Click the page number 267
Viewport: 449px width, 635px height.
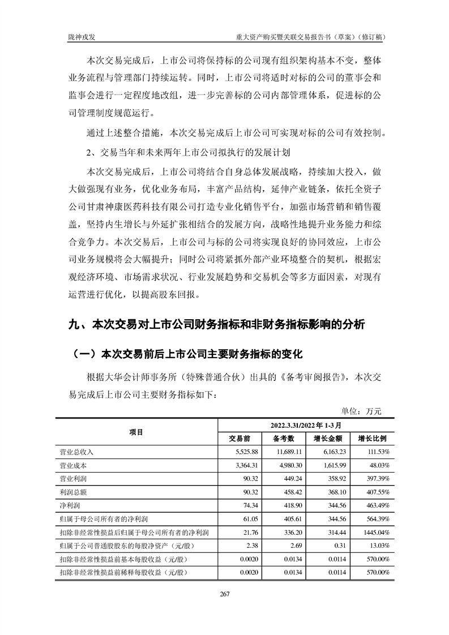[224, 593]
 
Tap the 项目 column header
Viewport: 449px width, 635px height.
[136, 432]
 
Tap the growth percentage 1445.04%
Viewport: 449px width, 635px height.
[377, 533]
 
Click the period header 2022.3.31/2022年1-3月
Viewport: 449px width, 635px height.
[306, 425]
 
